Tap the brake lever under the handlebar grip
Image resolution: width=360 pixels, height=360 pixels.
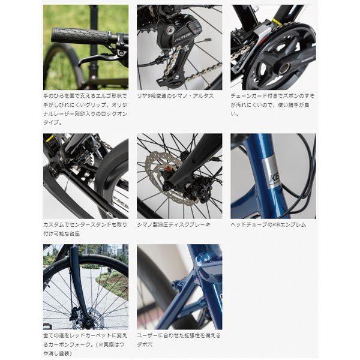coord(97,59)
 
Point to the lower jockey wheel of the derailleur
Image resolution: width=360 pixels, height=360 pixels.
coord(176,77)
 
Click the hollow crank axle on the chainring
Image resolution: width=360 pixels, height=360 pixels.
coord(284,68)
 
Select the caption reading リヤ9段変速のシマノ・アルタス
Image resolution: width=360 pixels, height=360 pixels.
coord(175,96)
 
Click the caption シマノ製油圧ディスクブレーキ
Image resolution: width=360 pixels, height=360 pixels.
coord(173,225)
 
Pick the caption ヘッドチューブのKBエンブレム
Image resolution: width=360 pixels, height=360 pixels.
coord(268,225)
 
